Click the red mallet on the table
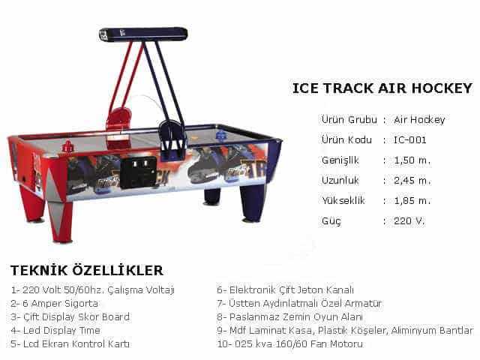(x=67, y=147)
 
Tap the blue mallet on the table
(x=220, y=135)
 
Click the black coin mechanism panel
(x=138, y=172)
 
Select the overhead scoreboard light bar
(x=143, y=34)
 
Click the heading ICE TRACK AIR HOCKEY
(x=382, y=88)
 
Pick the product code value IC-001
(x=410, y=140)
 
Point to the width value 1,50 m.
(x=412, y=160)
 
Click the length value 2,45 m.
(x=412, y=180)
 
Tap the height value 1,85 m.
(x=412, y=200)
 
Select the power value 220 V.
(x=409, y=220)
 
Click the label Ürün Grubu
(x=349, y=119)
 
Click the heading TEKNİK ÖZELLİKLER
(x=87, y=270)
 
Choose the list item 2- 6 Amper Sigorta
(x=54, y=303)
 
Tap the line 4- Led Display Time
(x=55, y=330)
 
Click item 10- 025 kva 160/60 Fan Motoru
(x=290, y=343)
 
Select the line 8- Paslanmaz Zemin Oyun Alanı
(x=290, y=316)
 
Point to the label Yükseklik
(x=343, y=200)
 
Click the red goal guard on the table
(x=118, y=119)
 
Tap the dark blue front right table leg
(x=253, y=203)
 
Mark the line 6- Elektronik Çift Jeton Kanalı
(x=285, y=290)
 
